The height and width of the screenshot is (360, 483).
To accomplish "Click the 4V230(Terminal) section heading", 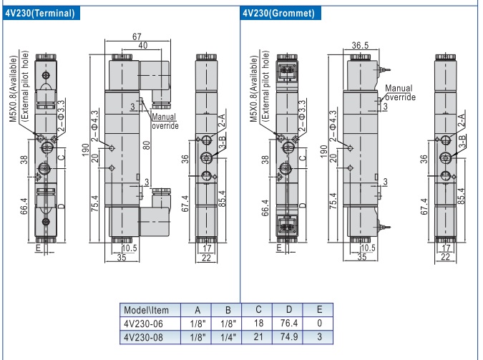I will (x=42, y=14).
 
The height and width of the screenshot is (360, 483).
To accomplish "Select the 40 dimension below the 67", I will (x=142, y=46).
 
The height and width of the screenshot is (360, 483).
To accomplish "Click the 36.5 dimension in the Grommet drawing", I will (x=360, y=46).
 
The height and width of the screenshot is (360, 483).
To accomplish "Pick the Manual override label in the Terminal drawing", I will (x=165, y=122).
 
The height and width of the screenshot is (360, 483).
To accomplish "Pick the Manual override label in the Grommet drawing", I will (x=399, y=92).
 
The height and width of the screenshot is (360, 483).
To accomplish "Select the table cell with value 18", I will (x=259, y=323).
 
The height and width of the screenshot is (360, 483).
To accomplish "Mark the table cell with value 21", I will (x=259, y=336).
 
